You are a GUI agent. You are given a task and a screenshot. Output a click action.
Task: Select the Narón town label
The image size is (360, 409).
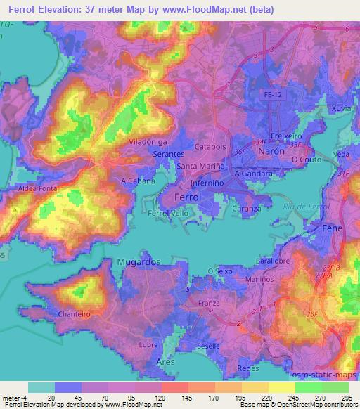click(271, 151)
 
